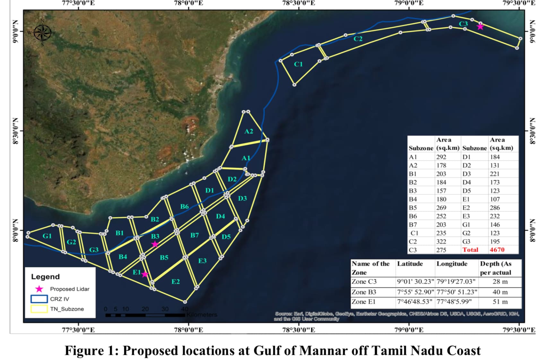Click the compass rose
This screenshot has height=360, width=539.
(x=42, y=32)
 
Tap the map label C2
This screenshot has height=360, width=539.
(x=358, y=39)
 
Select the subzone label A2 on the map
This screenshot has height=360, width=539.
(x=249, y=131)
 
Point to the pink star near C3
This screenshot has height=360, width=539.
(x=480, y=27)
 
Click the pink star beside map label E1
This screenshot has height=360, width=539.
(x=144, y=274)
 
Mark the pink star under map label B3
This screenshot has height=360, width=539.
(x=155, y=244)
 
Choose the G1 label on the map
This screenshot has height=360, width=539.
(x=47, y=236)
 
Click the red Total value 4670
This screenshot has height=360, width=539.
(x=497, y=250)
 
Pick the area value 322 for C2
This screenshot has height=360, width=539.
(x=441, y=241)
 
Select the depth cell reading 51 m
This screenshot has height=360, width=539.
(x=500, y=302)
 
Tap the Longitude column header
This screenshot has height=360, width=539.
(x=452, y=264)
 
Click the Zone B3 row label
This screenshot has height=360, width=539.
(x=364, y=292)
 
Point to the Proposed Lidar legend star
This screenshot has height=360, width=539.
(x=39, y=289)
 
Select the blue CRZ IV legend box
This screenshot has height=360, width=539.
(x=39, y=299)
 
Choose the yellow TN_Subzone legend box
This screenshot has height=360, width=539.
(x=39, y=309)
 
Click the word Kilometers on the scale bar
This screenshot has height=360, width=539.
(x=202, y=315)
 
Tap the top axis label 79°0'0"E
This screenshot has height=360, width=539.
(x=409, y=3)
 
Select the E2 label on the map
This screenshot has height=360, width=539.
(x=176, y=282)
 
